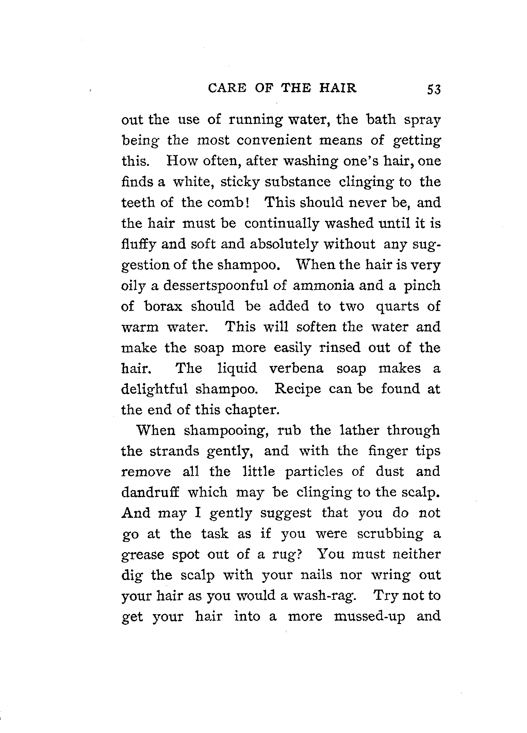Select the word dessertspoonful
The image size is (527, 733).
[x=217, y=285]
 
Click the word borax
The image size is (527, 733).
[x=163, y=306]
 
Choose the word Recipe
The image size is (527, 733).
[x=297, y=389]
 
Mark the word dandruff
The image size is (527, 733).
[x=150, y=492]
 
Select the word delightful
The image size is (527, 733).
[x=154, y=389]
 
